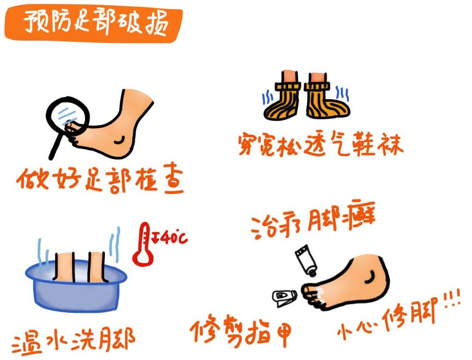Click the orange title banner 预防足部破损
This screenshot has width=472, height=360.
click(93, 23)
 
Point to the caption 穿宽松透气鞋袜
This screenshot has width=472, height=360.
click(320, 144)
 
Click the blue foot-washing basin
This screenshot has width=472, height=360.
click(76, 286)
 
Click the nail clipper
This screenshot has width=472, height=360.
click(285, 298)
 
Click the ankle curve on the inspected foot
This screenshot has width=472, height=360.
click(119, 139)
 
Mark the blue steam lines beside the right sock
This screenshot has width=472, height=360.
click(342, 93)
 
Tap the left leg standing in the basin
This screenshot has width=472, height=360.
click(64, 267)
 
